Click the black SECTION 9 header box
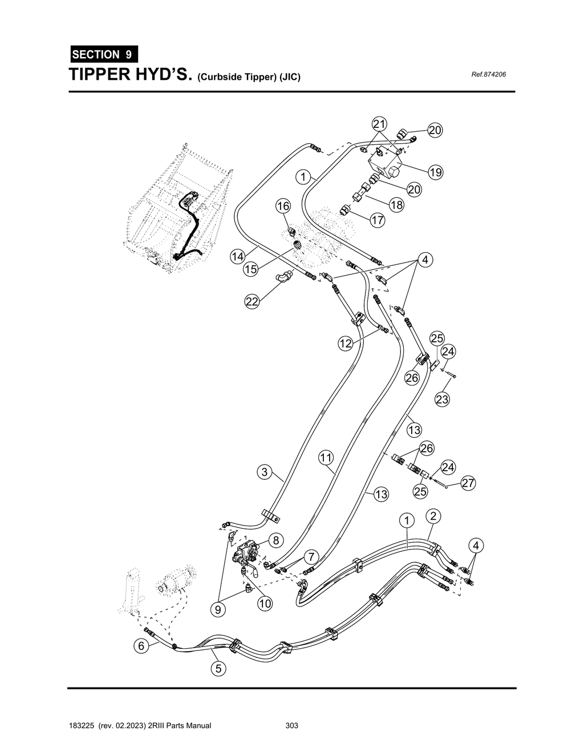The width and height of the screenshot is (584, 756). click(x=103, y=55)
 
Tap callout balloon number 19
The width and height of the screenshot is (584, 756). click(x=436, y=172)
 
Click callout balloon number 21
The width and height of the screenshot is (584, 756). click(x=379, y=124)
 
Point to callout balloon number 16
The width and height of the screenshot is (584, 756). click(x=283, y=206)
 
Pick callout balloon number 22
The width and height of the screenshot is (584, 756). click(x=252, y=302)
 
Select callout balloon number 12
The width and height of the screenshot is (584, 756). click(x=345, y=343)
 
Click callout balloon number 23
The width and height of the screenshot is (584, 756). click(x=442, y=399)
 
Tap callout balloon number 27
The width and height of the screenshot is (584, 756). click(x=468, y=483)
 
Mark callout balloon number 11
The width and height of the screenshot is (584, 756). click(x=326, y=457)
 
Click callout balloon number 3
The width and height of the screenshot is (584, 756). click(x=264, y=472)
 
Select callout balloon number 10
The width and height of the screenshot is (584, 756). click(x=265, y=604)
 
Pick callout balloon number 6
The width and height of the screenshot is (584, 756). click(x=140, y=646)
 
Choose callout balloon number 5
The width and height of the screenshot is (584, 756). click(x=218, y=668)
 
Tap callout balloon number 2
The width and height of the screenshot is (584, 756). click(x=433, y=516)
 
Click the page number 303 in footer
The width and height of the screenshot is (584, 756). click(x=292, y=726)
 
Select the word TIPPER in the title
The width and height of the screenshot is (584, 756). click(x=108, y=75)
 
